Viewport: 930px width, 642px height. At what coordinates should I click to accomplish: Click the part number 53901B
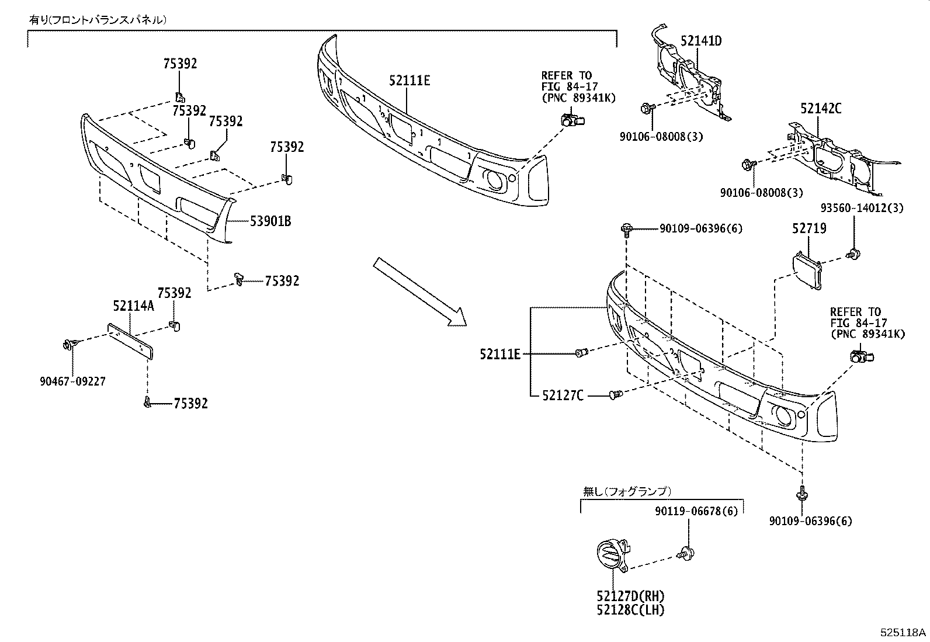[x=270, y=221]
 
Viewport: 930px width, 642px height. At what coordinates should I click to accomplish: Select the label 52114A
[x=133, y=306]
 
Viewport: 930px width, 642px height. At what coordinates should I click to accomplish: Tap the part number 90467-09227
[x=73, y=381]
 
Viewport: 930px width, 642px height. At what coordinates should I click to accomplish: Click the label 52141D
[x=701, y=41]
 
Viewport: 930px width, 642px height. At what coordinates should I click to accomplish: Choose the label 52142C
[x=821, y=108]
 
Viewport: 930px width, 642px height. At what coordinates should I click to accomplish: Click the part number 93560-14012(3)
[x=857, y=207]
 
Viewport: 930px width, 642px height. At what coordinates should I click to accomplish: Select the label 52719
[x=809, y=228]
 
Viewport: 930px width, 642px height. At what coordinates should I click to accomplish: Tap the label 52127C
[x=562, y=395]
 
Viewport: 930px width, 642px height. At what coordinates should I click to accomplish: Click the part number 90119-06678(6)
[x=696, y=511]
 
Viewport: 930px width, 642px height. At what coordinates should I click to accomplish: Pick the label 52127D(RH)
[x=631, y=596]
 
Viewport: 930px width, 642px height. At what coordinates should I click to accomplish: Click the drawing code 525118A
[x=904, y=633]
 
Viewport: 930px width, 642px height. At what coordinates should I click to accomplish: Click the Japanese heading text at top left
[x=98, y=20]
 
